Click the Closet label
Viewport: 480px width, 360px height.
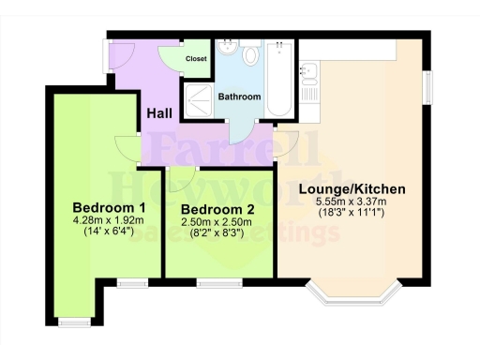pos(196,59)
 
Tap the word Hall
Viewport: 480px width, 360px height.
pos(158,113)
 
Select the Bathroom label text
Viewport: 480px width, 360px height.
pos(239,97)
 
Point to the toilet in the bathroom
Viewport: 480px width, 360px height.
pos(250,57)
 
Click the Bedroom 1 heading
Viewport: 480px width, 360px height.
pos(110,207)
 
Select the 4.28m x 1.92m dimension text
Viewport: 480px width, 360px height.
pos(110,220)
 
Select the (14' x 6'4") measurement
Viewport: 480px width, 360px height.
pos(110,232)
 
